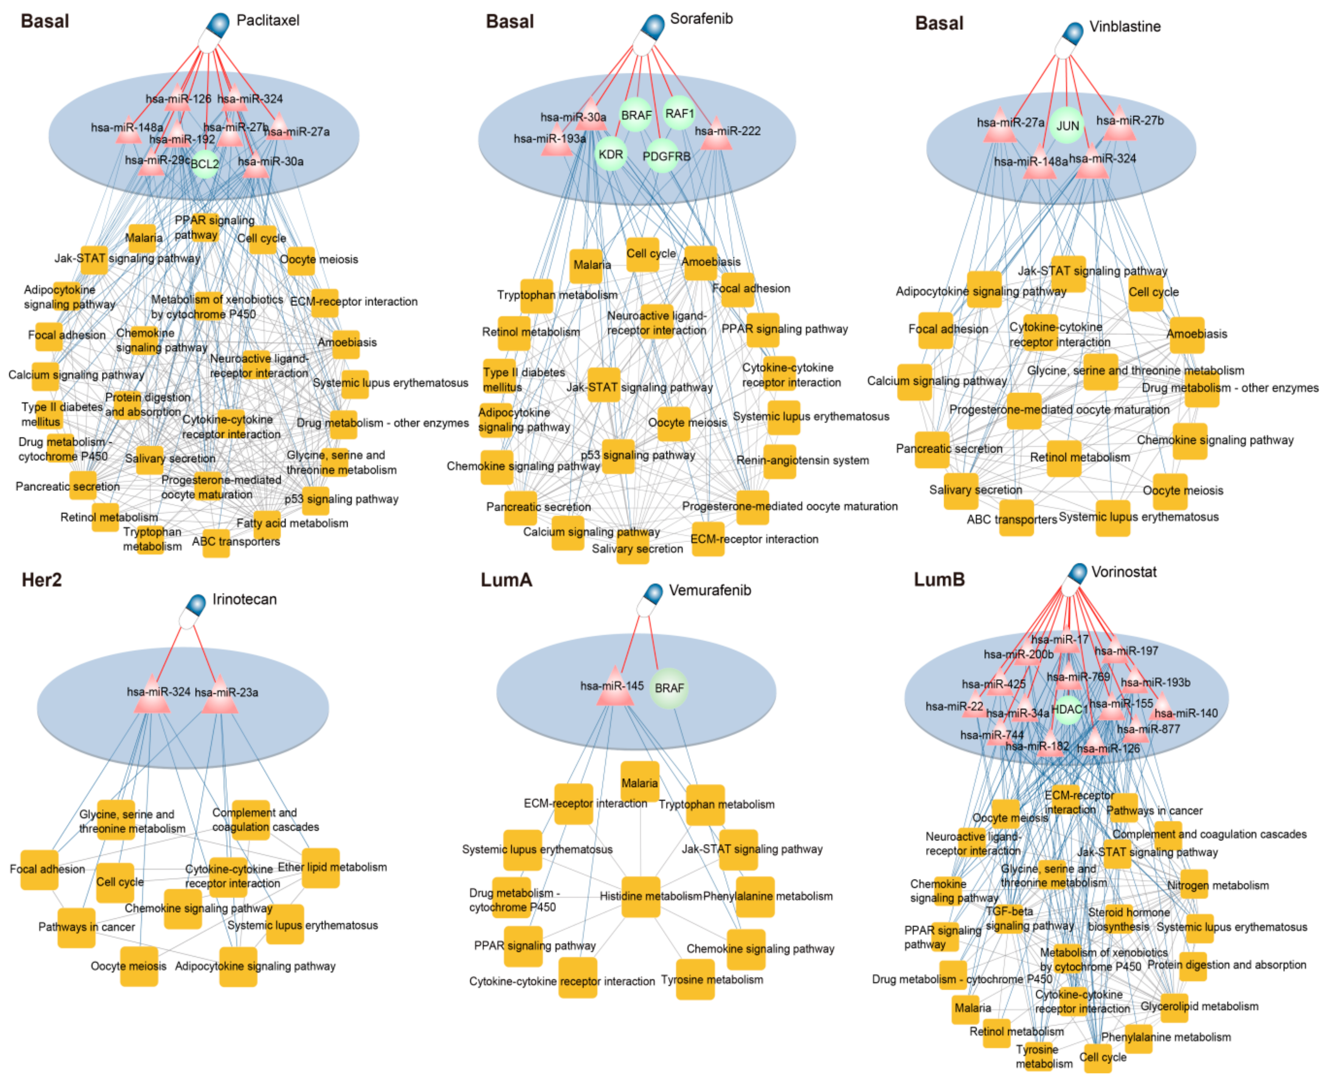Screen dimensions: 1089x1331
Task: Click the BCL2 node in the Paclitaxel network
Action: point(205,164)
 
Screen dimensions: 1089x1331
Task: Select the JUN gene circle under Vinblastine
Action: point(1067,126)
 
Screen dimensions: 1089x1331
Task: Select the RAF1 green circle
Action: point(679,113)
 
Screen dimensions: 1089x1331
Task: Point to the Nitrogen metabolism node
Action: point(1194,885)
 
